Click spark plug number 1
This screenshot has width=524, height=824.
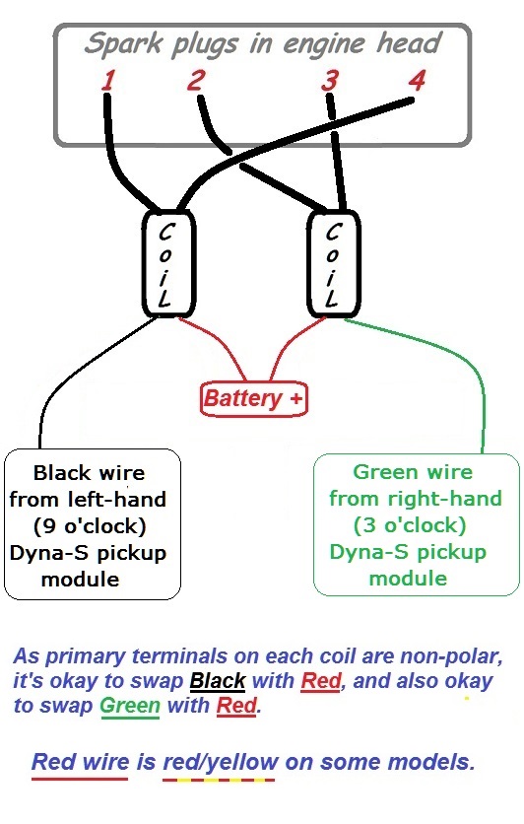(108, 81)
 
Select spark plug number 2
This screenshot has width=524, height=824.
(195, 80)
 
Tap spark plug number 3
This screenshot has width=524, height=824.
(330, 81)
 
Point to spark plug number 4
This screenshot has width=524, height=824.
(417, 81)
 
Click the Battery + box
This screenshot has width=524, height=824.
(253, 399)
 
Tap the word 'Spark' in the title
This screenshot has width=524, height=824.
(123, 44)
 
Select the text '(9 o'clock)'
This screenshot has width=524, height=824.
(90, 525)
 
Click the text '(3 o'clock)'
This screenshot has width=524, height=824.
(410, 525)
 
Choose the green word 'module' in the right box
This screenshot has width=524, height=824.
(408, 578)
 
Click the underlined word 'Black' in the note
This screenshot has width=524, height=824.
(218, 681)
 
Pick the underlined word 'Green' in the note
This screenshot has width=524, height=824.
(130, 706)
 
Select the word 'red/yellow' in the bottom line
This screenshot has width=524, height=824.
(221, 763)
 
